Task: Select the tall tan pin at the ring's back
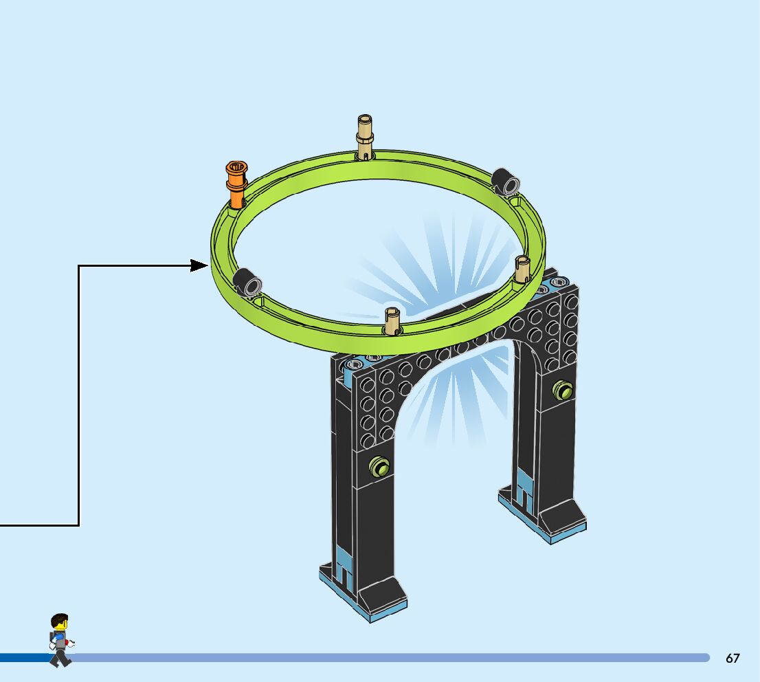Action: pos(366,137)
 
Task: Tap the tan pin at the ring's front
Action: pos(392,321)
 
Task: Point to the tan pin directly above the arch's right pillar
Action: pos(523,269)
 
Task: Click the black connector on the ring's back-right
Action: pos(508,181)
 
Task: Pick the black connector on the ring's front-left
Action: pos(247,280)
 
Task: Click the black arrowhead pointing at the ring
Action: pos(200,265)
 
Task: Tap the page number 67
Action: pos(733,658)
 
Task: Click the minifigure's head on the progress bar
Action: pos(60,626)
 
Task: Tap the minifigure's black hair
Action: pos(60,618)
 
